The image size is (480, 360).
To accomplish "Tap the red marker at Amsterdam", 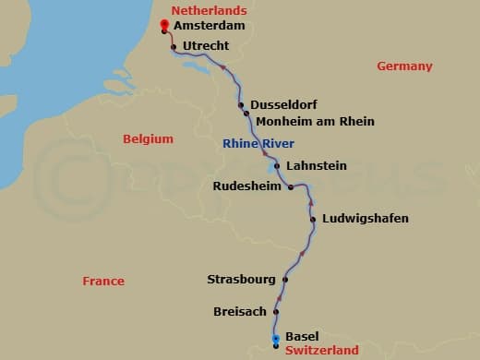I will click(163, 25).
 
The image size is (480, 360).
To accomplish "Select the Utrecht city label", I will click(206, 45).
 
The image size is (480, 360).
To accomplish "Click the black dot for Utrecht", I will click(174, 45).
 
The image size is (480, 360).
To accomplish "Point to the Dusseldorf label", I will click(285, 104).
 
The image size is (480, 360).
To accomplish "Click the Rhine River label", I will click(258, 143).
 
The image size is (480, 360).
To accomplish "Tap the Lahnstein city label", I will click(317, 165).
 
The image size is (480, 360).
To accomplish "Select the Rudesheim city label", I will click(247, 186).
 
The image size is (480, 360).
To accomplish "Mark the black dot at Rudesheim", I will click(291, 186).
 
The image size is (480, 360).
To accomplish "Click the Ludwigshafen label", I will click(365, 219).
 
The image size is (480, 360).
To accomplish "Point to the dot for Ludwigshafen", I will click(313, 220).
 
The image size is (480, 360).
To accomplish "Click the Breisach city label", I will click(240, 312).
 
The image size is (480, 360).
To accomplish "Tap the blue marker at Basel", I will click(276, 340).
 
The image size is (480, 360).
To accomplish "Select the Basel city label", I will click(302, 336).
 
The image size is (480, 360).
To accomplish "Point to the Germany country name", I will click(404, 66).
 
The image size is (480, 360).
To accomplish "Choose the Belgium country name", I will click(148, 138).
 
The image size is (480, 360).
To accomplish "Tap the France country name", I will click(102, 281).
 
